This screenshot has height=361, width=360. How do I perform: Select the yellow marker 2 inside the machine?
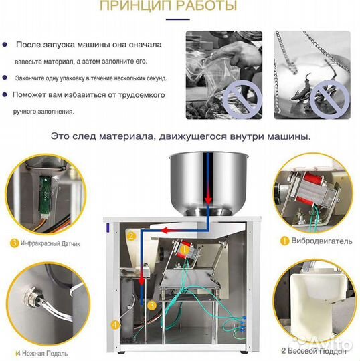pos(132,235)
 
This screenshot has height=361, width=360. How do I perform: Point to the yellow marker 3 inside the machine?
pos(152,304)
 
